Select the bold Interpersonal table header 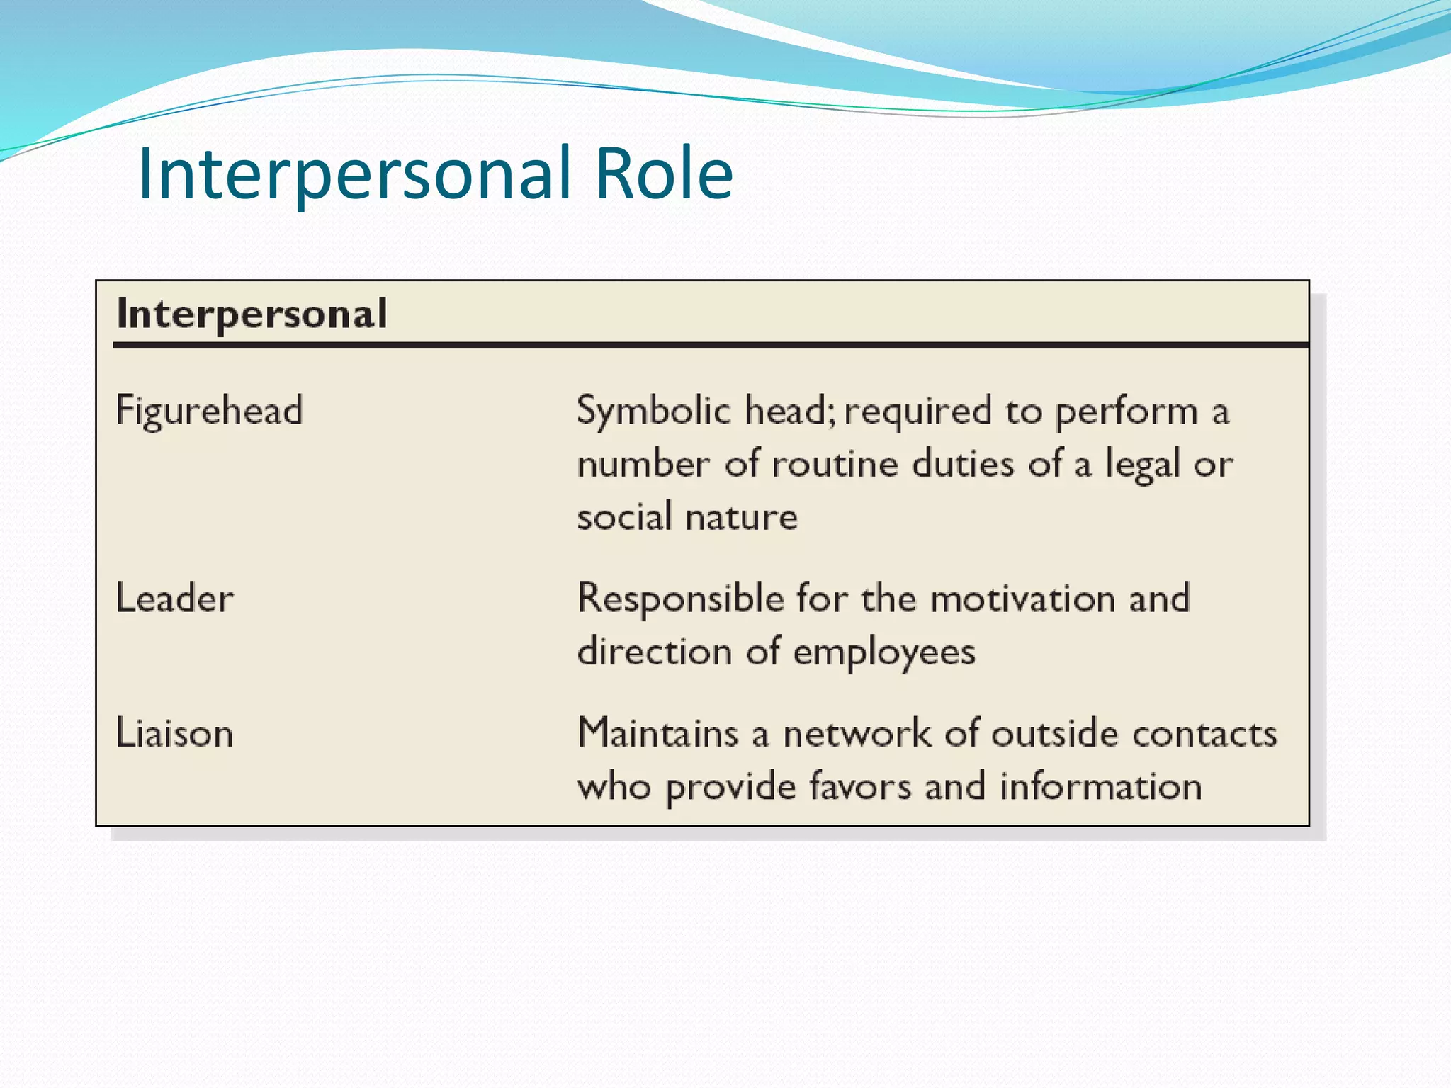(x=252, y=314)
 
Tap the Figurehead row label (x=209, y=411)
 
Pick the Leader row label (x=174, y=599)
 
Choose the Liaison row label (x=174, y=733)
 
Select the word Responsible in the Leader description (x=680, y=599)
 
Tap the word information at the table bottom (x=1100, y=786)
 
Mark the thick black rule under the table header (x=708, y=346)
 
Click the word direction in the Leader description (x=653, y=652)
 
